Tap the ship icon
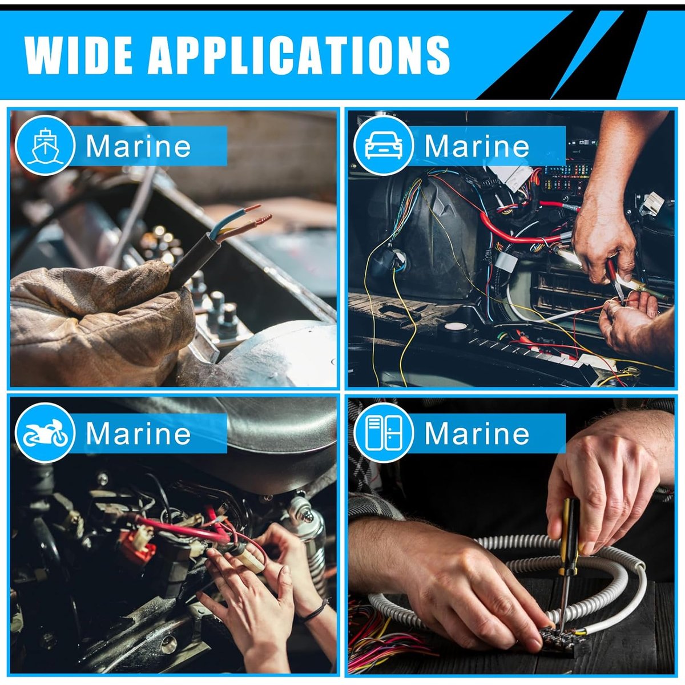(44, 145)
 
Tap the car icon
(383, 145)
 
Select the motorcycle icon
(44, 433)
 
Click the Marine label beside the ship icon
(138, 146)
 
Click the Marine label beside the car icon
(477, 146)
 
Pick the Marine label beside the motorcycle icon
(138, 434)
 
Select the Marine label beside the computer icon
(477, 434)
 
